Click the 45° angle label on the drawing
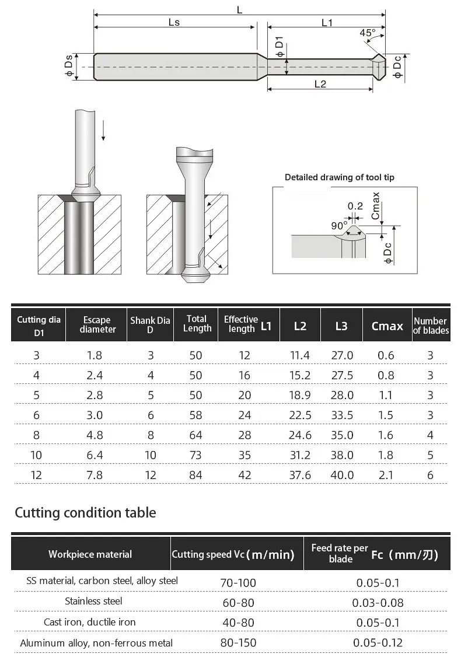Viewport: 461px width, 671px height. [x=368, y=33]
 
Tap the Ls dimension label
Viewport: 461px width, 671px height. [x=174, y=22]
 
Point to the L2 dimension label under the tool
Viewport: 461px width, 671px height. [x=320, y=83]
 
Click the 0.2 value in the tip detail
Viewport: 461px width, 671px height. [x=355, y=206]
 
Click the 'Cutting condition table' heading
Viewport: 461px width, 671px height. [x=85, y=513]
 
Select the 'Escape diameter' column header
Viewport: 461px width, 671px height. [x=97, y=324]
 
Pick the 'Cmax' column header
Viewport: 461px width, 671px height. [x=387, y=326]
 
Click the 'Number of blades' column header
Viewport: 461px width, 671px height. [x=431, y=326]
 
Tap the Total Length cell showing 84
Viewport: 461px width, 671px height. [x=195, y=475]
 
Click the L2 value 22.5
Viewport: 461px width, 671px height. [x=300, y=415]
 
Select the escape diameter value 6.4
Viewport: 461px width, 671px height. [x=95, y=455]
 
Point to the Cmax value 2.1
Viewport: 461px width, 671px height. [x=386, y=475]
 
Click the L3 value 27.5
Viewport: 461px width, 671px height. [x=342, y=375]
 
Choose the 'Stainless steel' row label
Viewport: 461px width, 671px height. [x=93, y=601]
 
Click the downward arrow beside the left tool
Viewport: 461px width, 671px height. [x=103, y=128]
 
